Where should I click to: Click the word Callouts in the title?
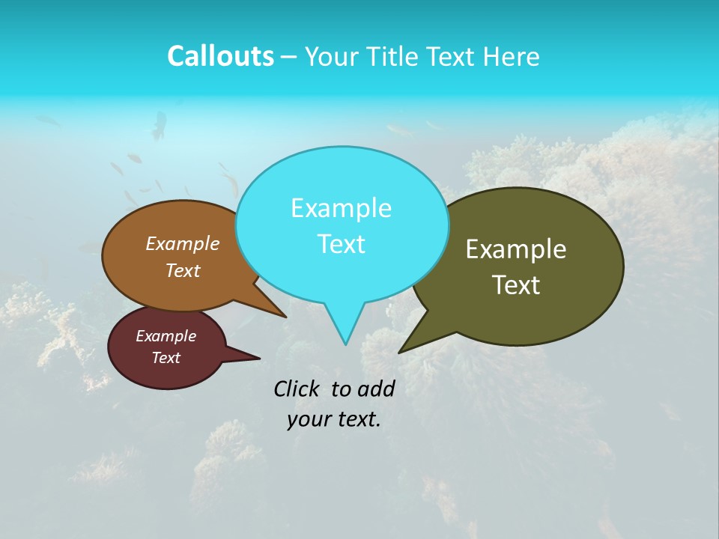220,56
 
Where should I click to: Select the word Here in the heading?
513,56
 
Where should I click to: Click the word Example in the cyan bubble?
341,208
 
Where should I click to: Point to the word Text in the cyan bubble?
341,244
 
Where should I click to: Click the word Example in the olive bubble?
516,249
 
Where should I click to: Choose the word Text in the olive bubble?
516,285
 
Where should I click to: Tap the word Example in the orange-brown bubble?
182,244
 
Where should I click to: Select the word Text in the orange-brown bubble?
182,270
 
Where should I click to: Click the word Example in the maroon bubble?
166,336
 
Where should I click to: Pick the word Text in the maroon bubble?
166,358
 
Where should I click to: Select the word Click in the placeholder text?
298,389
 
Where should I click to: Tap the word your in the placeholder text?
307,419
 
